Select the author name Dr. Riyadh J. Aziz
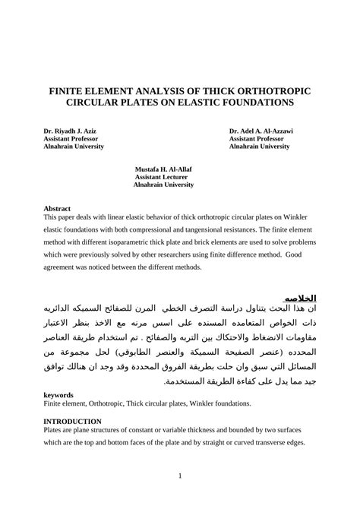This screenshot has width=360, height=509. click(x=69, y=131)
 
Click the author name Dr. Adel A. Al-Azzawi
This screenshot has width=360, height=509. click(x=261, y=131)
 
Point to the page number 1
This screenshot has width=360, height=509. click(x=179, y=476)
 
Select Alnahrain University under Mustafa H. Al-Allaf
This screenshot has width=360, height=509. click(x=165, y=184)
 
